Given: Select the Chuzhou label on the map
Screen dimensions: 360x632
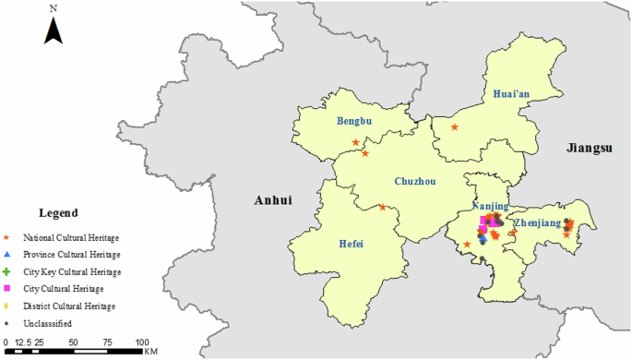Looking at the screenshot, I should (414, 181).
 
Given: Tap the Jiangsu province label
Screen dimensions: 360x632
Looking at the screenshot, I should (590, 148).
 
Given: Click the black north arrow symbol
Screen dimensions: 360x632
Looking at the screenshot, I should (54, 30).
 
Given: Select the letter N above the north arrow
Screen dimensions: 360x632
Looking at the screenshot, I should (54, 8).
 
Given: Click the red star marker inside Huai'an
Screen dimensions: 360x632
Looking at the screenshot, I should (454, 126).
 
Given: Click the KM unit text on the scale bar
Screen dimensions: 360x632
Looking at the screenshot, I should (150, 351).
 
